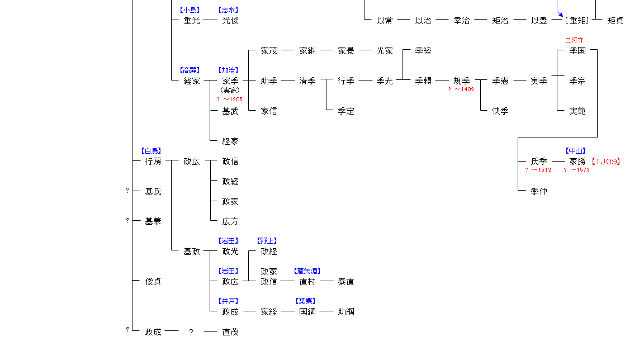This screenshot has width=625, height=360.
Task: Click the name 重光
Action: click(192, 21)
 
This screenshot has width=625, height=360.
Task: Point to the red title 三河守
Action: click(575, 40)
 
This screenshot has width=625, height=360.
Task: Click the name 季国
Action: click(577, 51)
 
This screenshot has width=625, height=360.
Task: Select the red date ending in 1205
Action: click(230, 100)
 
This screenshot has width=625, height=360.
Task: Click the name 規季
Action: click(462, 81)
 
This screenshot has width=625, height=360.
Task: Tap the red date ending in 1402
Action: click(461, 89)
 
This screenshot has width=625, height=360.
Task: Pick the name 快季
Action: click(500, 111)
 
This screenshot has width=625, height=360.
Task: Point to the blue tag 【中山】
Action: click(575, 151)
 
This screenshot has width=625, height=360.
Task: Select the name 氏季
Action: click(539, 162)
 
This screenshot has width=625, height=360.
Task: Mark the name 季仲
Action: click(539, 192)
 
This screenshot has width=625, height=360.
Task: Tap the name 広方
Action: click(230, 222)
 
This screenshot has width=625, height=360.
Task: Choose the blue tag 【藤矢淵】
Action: click(307, 271)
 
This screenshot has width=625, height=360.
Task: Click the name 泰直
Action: click(346, 282)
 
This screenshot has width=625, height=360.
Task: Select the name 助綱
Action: click(346, 312)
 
